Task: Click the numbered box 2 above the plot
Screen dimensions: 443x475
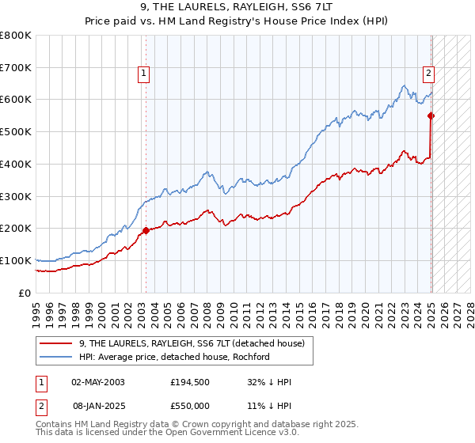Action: (428, 74)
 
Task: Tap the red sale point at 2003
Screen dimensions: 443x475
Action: (146, 231)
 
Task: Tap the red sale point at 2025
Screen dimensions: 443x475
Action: (431, 115)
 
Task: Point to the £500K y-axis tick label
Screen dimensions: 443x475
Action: (16, 131)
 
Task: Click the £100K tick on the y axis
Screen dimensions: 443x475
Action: (16, 260)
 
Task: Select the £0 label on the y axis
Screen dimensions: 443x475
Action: (25, 293)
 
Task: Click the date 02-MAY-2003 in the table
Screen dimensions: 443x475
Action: (97, 382)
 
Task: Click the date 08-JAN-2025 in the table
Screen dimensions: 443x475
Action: (97, 404)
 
